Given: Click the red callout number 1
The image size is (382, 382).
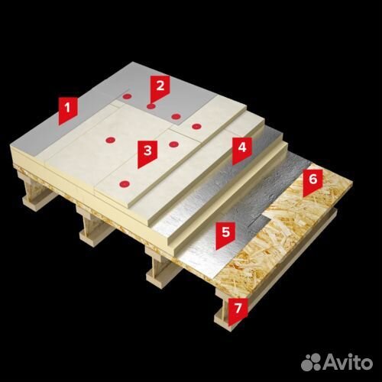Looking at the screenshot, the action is point(67,109).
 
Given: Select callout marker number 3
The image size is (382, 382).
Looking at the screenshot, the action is point(147,153).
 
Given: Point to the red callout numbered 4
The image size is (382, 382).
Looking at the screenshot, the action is point(241,151).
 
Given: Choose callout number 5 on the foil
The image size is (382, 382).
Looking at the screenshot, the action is point(225,235).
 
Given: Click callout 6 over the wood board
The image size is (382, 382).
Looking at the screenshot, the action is point(312,181).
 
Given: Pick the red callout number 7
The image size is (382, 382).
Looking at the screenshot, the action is point(238,310).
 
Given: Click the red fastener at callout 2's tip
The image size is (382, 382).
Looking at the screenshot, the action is point(151,106).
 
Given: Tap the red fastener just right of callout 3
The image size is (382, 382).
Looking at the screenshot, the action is point(173,144).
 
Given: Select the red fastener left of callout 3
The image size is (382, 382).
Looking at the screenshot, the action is point(110,140).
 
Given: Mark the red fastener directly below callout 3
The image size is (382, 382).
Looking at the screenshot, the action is point(125,183).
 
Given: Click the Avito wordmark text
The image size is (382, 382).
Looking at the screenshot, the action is point(349,361).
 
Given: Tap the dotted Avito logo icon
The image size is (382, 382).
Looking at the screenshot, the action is point(312,361).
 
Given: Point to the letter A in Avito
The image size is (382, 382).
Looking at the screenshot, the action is point(332,361).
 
